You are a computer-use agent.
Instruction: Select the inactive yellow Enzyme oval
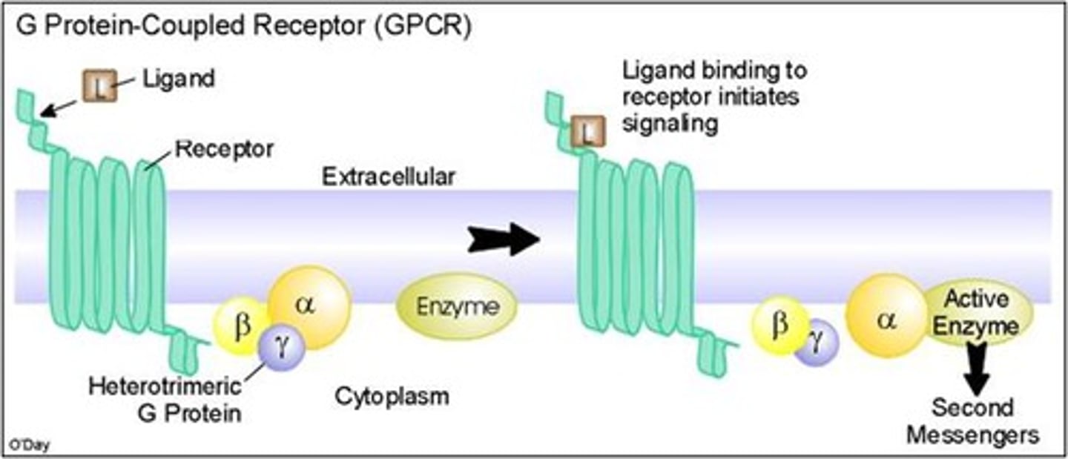(456, 307)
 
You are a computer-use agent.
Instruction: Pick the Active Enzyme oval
(975, 313)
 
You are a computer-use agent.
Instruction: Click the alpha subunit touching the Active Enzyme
(887, 315)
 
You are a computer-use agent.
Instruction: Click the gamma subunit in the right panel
(816, 343)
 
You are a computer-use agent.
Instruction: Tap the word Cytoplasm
(392, 396)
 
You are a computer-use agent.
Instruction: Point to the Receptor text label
(224, 149)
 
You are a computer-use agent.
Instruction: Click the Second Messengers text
(972, 421)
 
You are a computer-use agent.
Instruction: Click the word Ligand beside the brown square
(177, 79)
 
